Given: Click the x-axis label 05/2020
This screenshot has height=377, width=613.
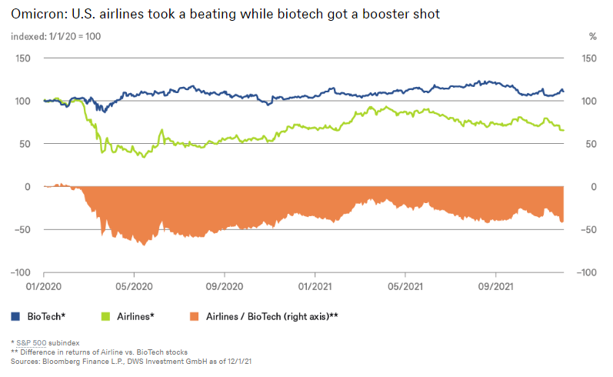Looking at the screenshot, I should click(134, 285).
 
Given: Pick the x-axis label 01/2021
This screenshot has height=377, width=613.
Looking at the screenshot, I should click(315, 285).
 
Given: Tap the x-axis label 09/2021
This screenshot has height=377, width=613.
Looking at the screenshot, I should click(495, 285).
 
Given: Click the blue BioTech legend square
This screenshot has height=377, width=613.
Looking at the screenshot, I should click(16, 315).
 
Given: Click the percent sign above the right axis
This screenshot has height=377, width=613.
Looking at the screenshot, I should click(592, 36).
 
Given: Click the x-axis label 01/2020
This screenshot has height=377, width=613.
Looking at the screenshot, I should click(44, 285).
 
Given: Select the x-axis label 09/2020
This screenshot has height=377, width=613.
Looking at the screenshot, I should click(225, 285).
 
